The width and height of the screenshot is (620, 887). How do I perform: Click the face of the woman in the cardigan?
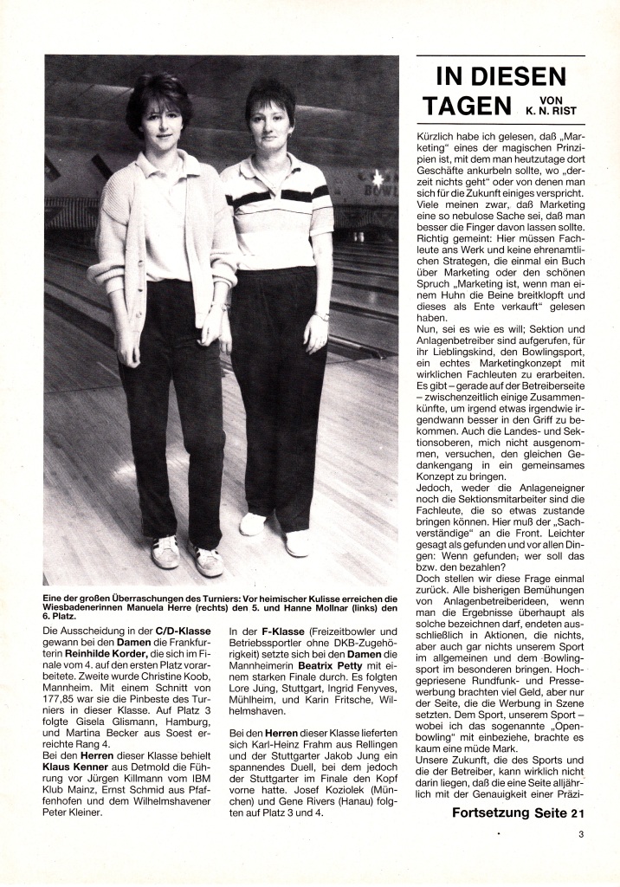pos(160,121)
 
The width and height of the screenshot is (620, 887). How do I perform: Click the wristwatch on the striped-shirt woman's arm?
pos(321,316)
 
